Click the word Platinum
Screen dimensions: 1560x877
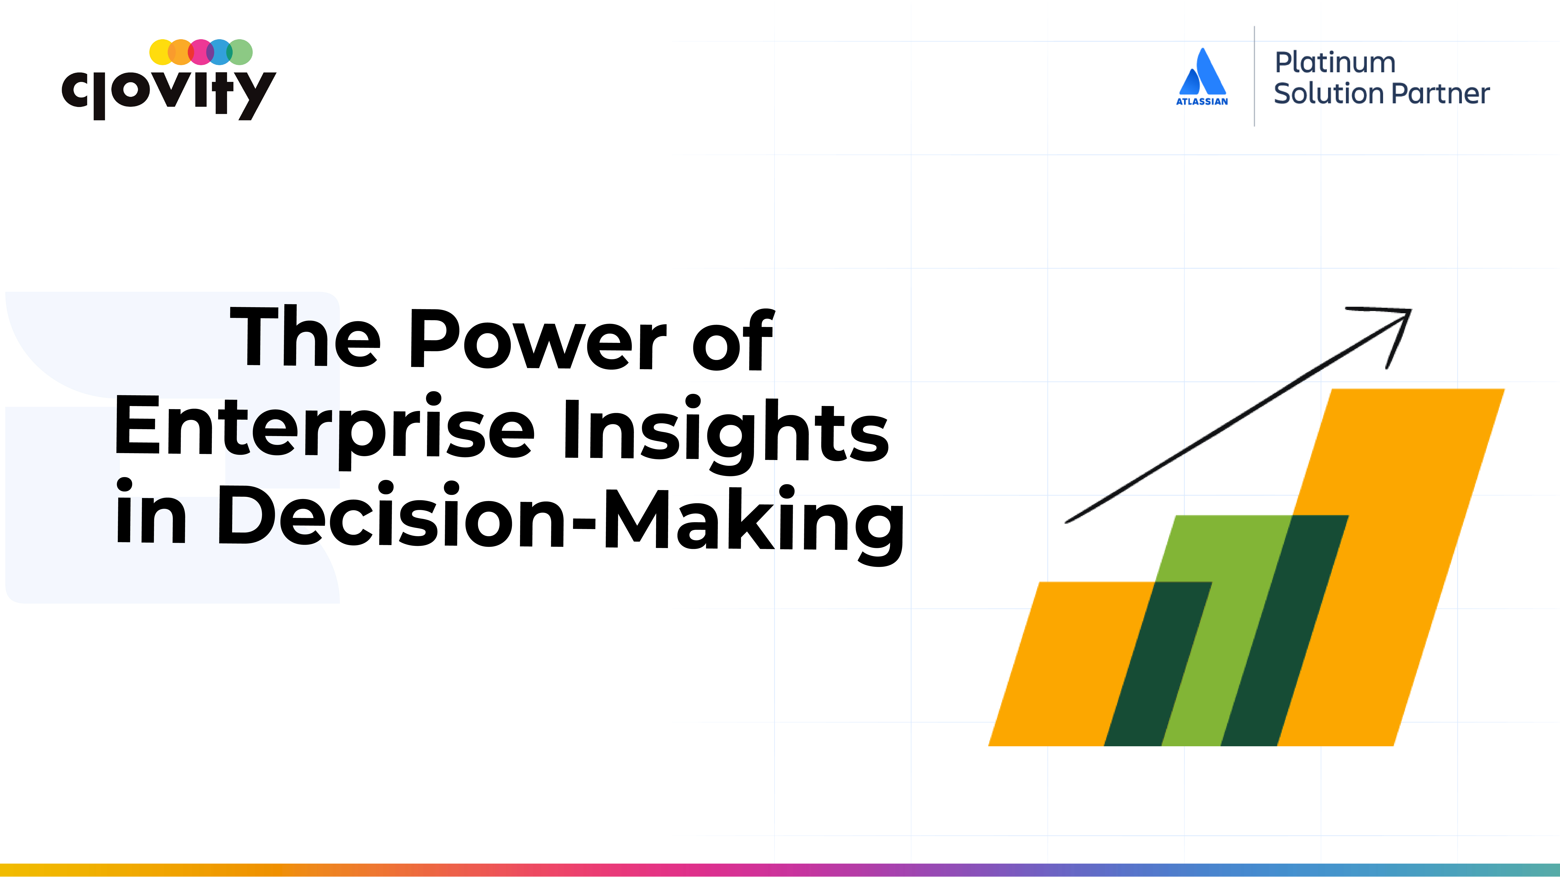point(1335,62)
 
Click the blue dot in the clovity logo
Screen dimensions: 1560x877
point(220,52)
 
